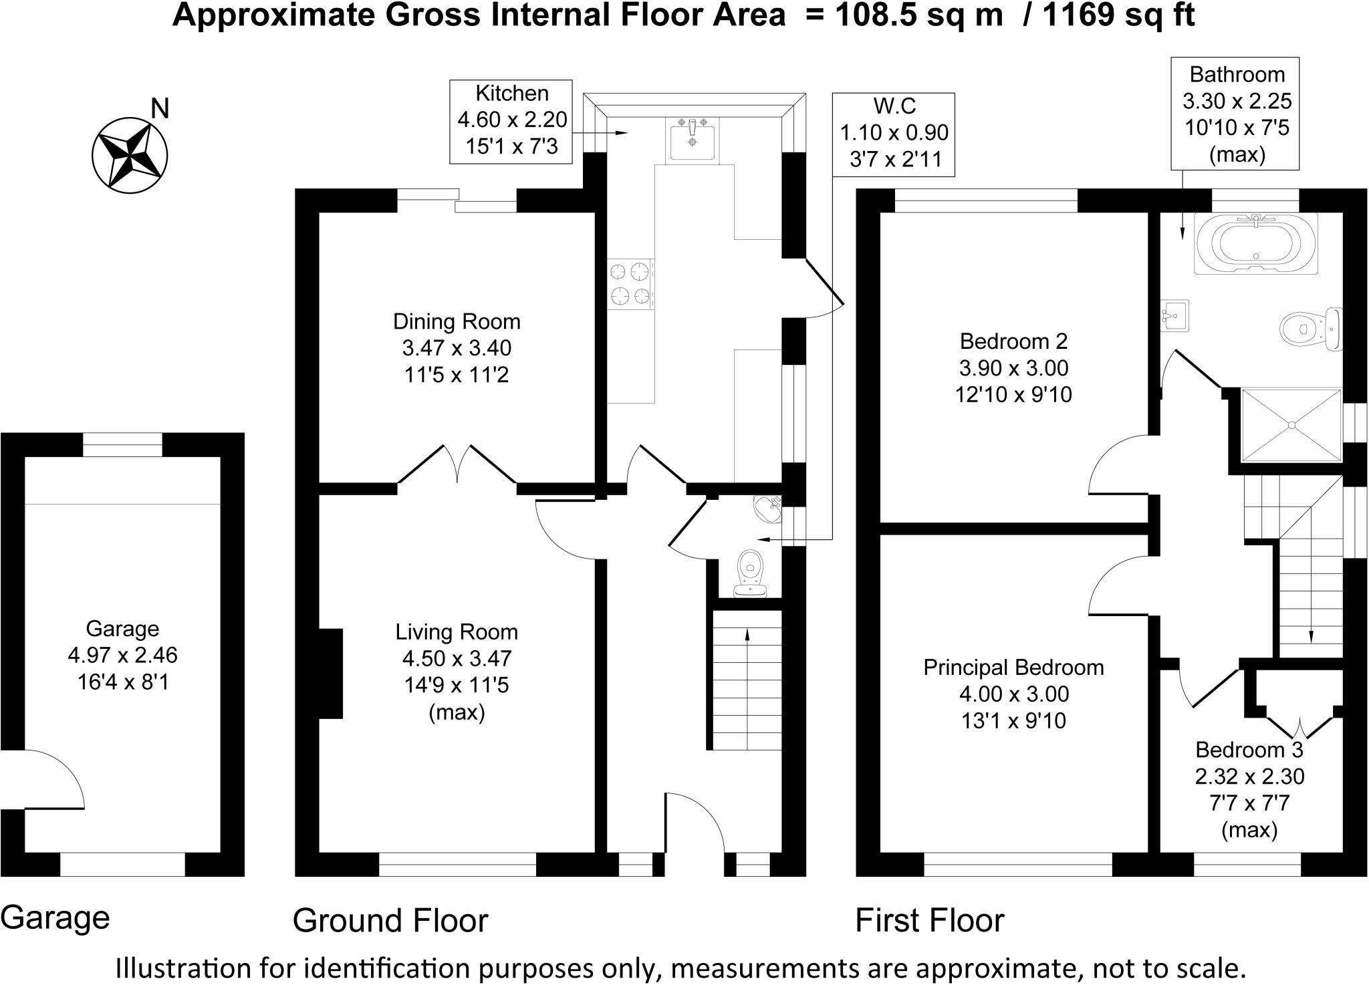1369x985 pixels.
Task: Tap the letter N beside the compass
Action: [160, 108]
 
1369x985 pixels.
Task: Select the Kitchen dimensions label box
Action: [511, 122]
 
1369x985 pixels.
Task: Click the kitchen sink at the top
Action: [693, 140]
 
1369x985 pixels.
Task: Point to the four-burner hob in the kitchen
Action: [630, 284]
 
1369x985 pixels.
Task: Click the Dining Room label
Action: [456, 348]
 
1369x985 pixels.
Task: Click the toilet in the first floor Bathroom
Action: [1311, 329]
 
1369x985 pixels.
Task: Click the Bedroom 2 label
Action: [1013, 368]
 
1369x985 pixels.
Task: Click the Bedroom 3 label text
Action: [1249, 750]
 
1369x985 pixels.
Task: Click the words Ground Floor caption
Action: [390, 920]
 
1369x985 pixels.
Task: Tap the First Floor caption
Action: [930, 920]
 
